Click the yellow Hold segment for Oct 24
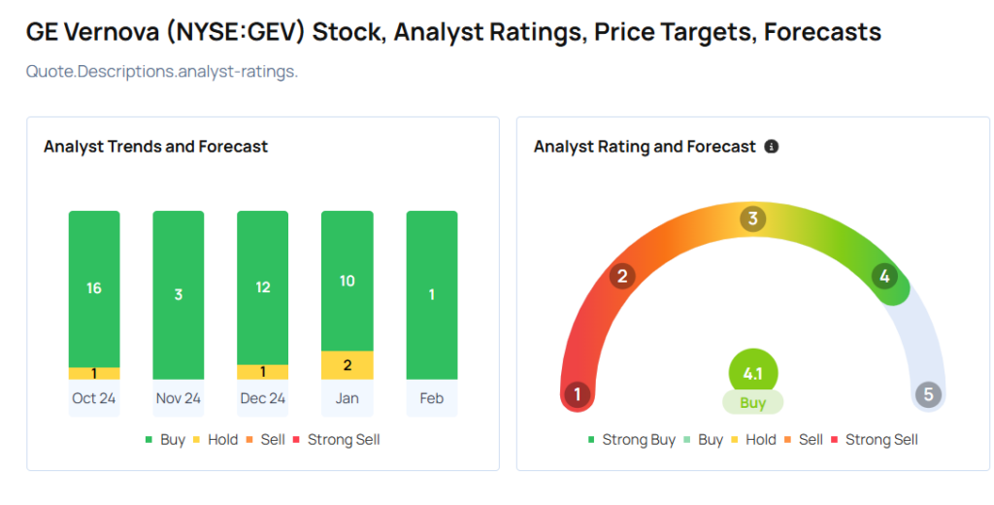pyautogui.click(x=94, y=373)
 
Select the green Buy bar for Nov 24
pyautogui.click(x=179, y=294)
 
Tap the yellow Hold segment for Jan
pyautogui.click(x=348, y=365)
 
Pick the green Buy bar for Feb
pyautogui.click(x=432, y=294)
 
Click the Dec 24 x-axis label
pyautogui.click(x=263, y=398)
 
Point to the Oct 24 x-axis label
pyautogui.click(x=94, y=398)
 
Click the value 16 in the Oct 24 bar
pyautogui.click(x=94, y=287)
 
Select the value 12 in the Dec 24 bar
pyautogui.click(x=263, y=287)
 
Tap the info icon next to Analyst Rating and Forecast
pyautogui.click(x=772, y=147)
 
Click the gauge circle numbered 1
pyautogui.click(x=578, y=394)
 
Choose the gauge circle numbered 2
pyautogui.click(x=622, y=277)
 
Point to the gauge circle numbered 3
pyautogui.click(x=751, y=219)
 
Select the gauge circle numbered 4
pyautogui.click(x=883, y=277)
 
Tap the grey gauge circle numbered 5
pyautogui.click(x=928, y=394)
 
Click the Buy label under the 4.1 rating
pyautogui.click(x=753, y=402)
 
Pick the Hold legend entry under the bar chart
pyautogui.click(x=215, y=440)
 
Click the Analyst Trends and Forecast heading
pyautogui.click(x=155, y=147)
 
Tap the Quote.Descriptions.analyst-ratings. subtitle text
pyautogui.click(x=161, y=71)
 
